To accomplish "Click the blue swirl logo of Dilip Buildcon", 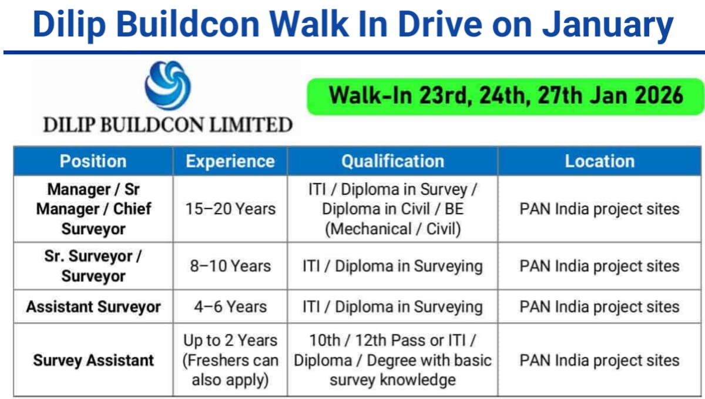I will (x=167, y=88).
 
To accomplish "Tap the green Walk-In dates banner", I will (x=505, y=95).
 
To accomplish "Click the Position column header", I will (x=93, y=161).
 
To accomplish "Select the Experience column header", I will (x=230, y=161).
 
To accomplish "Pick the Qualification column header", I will (x=392, y=161).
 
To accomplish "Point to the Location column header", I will (x=599, y=161).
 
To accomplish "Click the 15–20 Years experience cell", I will (x=230, y=209).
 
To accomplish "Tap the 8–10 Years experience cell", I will (x=230, y=266).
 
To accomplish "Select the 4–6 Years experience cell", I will (x=230, y=306).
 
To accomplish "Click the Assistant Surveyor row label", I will (x=93, y=306).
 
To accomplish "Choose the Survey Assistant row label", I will (x=93, y=360).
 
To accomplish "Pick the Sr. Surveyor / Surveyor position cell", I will (x=93, y=266).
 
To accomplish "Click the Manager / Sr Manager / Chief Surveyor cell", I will (x=93, y=209).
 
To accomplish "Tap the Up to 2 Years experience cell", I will (x=230, y=360).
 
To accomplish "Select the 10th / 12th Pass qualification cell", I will (x=392, y=360).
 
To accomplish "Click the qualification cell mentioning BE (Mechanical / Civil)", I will (x=392, y=209).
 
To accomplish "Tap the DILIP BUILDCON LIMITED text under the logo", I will (x=167, y=125).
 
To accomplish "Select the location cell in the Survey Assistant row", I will (x=599, y=360).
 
